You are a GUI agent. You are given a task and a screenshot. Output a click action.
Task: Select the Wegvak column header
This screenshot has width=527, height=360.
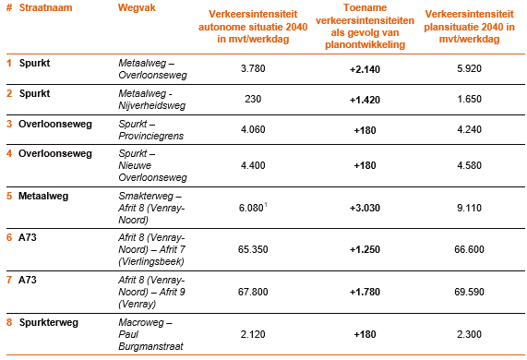[137, 6]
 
